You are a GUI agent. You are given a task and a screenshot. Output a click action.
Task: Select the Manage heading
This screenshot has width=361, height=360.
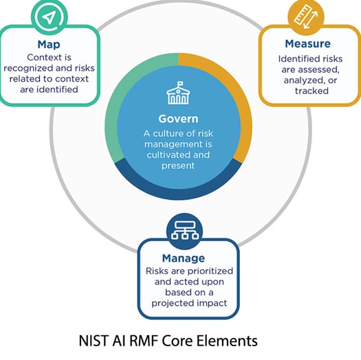click(x=183, y=258)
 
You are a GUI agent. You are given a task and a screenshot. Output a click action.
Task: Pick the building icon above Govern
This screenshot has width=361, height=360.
click(x=178, y=95)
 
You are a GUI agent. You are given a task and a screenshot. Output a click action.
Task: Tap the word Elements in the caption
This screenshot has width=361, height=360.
click(x=230, y=341)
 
